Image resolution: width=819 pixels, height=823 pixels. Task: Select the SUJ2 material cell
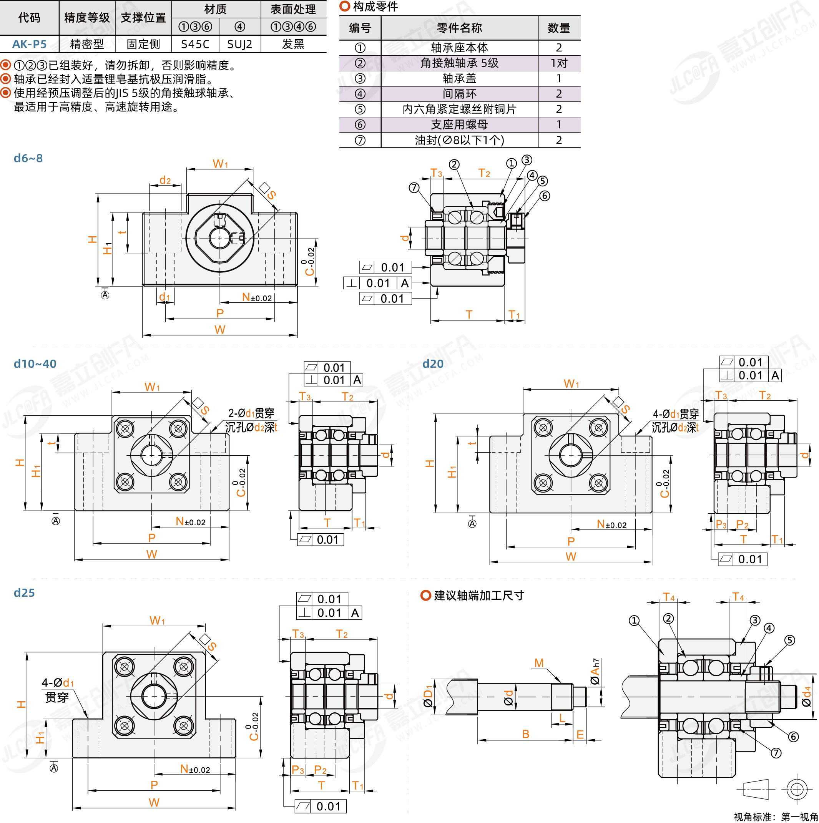239,44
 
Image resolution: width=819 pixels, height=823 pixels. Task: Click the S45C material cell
195,44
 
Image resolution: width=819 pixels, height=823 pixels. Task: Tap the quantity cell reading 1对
559,63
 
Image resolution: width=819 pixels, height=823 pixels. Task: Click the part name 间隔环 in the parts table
459,94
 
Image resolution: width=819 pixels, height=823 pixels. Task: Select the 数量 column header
559,28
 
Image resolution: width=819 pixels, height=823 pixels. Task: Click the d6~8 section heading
28,158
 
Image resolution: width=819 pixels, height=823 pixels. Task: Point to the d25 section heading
24,592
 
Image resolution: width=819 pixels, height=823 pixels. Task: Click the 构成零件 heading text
375,7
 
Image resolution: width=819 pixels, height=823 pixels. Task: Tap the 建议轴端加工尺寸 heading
478,595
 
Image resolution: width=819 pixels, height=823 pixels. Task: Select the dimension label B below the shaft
525,734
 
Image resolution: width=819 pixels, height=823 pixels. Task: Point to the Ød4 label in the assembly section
806,696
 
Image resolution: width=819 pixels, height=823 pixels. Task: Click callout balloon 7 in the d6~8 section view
414,187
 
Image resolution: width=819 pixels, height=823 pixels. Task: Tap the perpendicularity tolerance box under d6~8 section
377,283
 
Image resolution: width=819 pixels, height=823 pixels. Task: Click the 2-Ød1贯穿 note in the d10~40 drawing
251,413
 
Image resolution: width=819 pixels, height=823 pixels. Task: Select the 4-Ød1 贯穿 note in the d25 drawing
57,690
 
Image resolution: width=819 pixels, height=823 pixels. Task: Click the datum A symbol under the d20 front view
472,523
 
